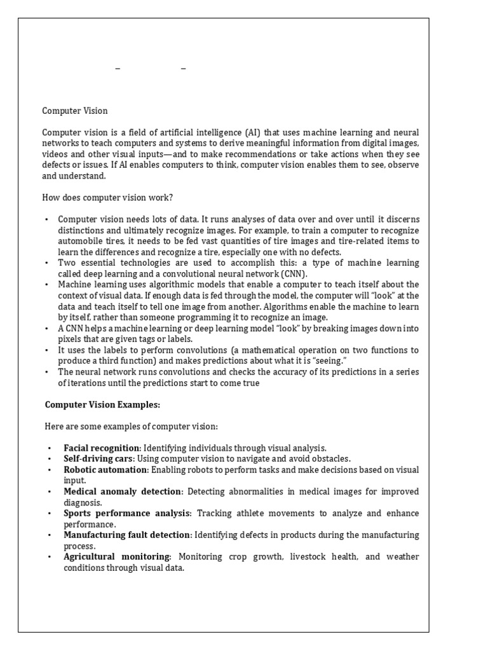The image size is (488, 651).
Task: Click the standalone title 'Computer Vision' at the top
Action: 75,111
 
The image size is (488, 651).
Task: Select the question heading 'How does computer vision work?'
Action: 107,197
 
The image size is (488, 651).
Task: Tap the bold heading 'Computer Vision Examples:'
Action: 102,404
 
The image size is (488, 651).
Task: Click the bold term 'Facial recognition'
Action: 101,448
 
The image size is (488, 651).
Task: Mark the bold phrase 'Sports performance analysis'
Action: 127,513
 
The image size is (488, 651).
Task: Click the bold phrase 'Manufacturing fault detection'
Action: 127,535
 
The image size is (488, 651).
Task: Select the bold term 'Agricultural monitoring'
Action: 117,556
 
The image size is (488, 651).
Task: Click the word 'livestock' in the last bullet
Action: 309,556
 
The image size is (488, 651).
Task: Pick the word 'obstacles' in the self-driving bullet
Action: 329,458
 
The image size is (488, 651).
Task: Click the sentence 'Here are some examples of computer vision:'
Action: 130,426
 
